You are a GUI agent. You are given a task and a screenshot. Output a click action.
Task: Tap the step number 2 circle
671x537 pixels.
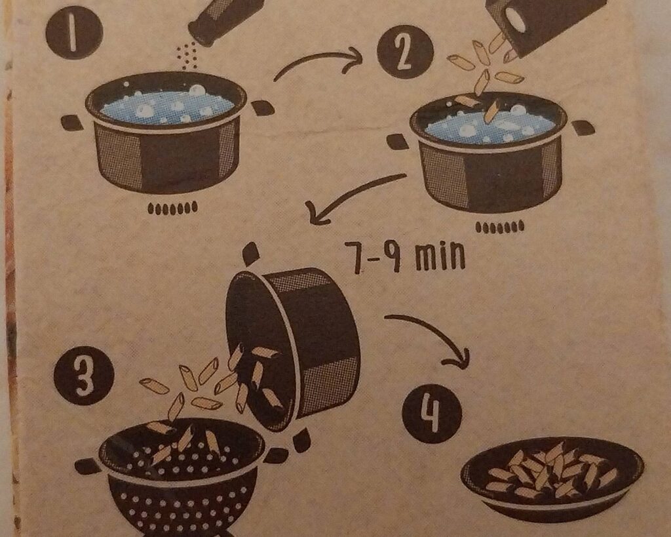click(405, 51)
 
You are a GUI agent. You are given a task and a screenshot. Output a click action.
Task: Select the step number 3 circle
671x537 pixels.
click(84, 376)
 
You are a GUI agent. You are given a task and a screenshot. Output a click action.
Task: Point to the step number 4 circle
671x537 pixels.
click(432, 414)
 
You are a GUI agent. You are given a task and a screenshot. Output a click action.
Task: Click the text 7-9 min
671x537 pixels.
click(404, 256)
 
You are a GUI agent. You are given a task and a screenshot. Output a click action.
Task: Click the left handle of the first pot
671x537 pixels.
click(72, 123)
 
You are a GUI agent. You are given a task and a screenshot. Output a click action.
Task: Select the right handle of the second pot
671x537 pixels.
click(583, 128)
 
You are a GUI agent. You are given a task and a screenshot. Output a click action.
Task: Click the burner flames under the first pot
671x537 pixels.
click(172, 208)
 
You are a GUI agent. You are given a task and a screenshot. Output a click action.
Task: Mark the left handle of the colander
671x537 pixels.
click(88, 466)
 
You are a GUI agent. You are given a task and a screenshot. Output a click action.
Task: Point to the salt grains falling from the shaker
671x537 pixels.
click(187, 56)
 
